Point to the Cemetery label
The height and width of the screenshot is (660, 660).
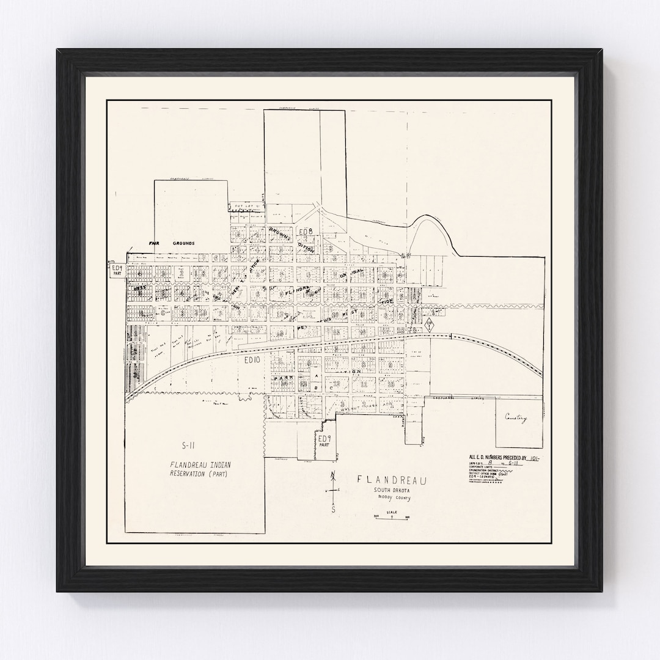[x=516, y=418]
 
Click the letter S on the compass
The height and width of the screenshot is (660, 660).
[x=333, y=508]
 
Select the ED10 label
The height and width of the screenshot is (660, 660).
[x=252, y=362]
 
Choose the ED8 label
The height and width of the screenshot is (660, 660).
[x=305, y=232]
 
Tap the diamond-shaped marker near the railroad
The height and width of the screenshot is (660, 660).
[x=430, y=324]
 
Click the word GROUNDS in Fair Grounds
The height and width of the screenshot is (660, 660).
[x=183, y=243]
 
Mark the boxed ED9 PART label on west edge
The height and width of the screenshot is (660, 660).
[x=117, y=271]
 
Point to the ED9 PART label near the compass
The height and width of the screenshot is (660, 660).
[x=323, y=441]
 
